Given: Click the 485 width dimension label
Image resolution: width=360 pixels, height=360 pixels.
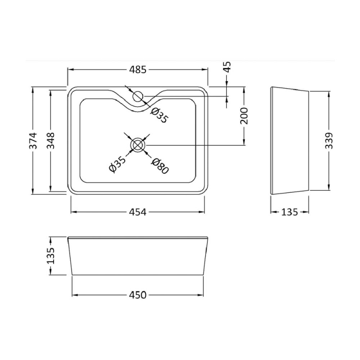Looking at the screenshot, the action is [x=138, y=69].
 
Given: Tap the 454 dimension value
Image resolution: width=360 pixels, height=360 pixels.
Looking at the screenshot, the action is [x=138, y=212].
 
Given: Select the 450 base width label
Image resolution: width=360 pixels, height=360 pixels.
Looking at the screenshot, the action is [x=138, y=295].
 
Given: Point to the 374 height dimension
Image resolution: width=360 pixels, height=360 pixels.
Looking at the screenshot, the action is [x=33, y=140].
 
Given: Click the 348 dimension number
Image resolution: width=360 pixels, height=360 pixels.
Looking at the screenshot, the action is [x=51, y=140].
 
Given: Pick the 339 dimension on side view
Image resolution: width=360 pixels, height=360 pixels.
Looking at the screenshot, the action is [x=329, y=140].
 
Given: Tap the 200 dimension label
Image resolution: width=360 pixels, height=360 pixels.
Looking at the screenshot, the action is [x=244, y=116].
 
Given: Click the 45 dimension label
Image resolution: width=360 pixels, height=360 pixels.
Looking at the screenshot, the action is [x=227, y=67].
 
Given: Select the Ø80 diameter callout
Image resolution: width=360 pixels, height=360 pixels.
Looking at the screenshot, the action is [x=160, y=166].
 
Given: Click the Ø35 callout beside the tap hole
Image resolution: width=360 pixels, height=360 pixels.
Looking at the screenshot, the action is [x=160, y=115].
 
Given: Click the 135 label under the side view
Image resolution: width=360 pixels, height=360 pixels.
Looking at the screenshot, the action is [x=289, y=212].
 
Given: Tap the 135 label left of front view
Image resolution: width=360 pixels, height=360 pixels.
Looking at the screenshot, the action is [x=51, y=256].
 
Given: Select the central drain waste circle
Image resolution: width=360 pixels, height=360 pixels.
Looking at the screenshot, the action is [x=138, y=145].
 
